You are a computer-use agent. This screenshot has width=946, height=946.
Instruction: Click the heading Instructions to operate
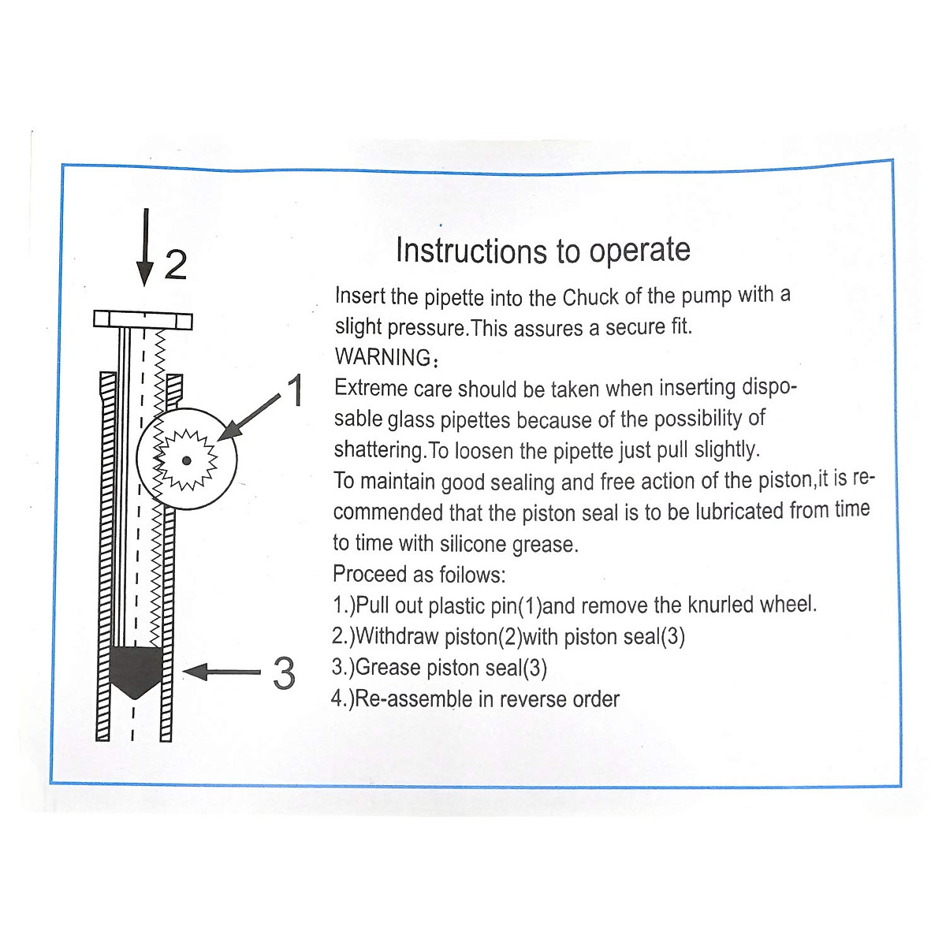542,251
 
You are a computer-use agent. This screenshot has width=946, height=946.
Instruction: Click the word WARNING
382,357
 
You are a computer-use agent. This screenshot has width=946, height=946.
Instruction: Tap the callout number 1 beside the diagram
296,391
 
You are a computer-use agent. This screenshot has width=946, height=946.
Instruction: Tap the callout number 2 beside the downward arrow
176,265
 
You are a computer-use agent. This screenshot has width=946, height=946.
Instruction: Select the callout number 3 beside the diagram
284,674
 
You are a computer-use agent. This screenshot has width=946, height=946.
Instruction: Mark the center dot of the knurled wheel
186,460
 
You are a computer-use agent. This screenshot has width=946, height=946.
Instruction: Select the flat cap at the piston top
143,319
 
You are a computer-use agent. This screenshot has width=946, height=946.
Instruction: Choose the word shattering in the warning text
379,451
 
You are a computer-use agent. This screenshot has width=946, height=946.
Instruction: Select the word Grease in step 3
388,669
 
